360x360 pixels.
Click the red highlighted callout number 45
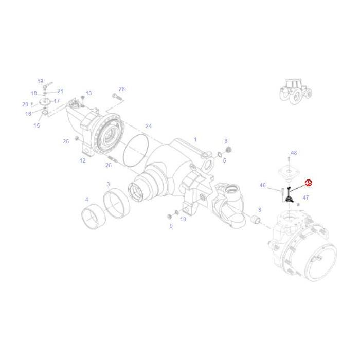tap(308, 183)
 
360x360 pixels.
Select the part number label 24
tap(149, 126)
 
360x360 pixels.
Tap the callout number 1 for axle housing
tap(195, 139)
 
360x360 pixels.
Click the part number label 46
tap(263, 185)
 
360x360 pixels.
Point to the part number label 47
tap(305, 197)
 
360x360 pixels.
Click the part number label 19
tap(40, 81)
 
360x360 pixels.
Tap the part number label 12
tap(82, 160)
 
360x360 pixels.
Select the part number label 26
tap(66, 141)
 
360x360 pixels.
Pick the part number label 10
tap(183, 220)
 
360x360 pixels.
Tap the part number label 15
tap(37, 125)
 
